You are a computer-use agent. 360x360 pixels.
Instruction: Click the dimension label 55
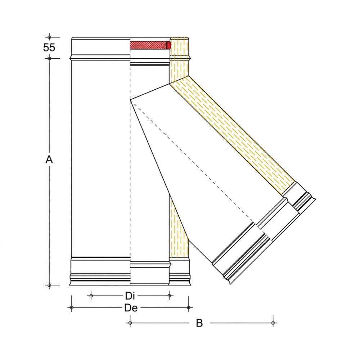click(49, 48)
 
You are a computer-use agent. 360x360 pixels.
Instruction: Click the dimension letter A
click(49, 159)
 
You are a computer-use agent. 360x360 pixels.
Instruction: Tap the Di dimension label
click(130, 296)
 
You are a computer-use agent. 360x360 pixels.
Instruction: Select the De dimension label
click(131, 308)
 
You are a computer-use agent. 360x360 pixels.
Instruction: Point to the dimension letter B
click(199, 323)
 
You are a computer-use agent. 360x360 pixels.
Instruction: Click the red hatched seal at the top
click(150, 45)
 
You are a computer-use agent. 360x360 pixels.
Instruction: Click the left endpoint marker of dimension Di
click(91, 296)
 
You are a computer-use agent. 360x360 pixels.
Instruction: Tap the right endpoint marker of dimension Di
click(169, 296)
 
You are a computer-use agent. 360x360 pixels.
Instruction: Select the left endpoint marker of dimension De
click(72, 308)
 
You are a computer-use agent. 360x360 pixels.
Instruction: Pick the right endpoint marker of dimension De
click(189, 308)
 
